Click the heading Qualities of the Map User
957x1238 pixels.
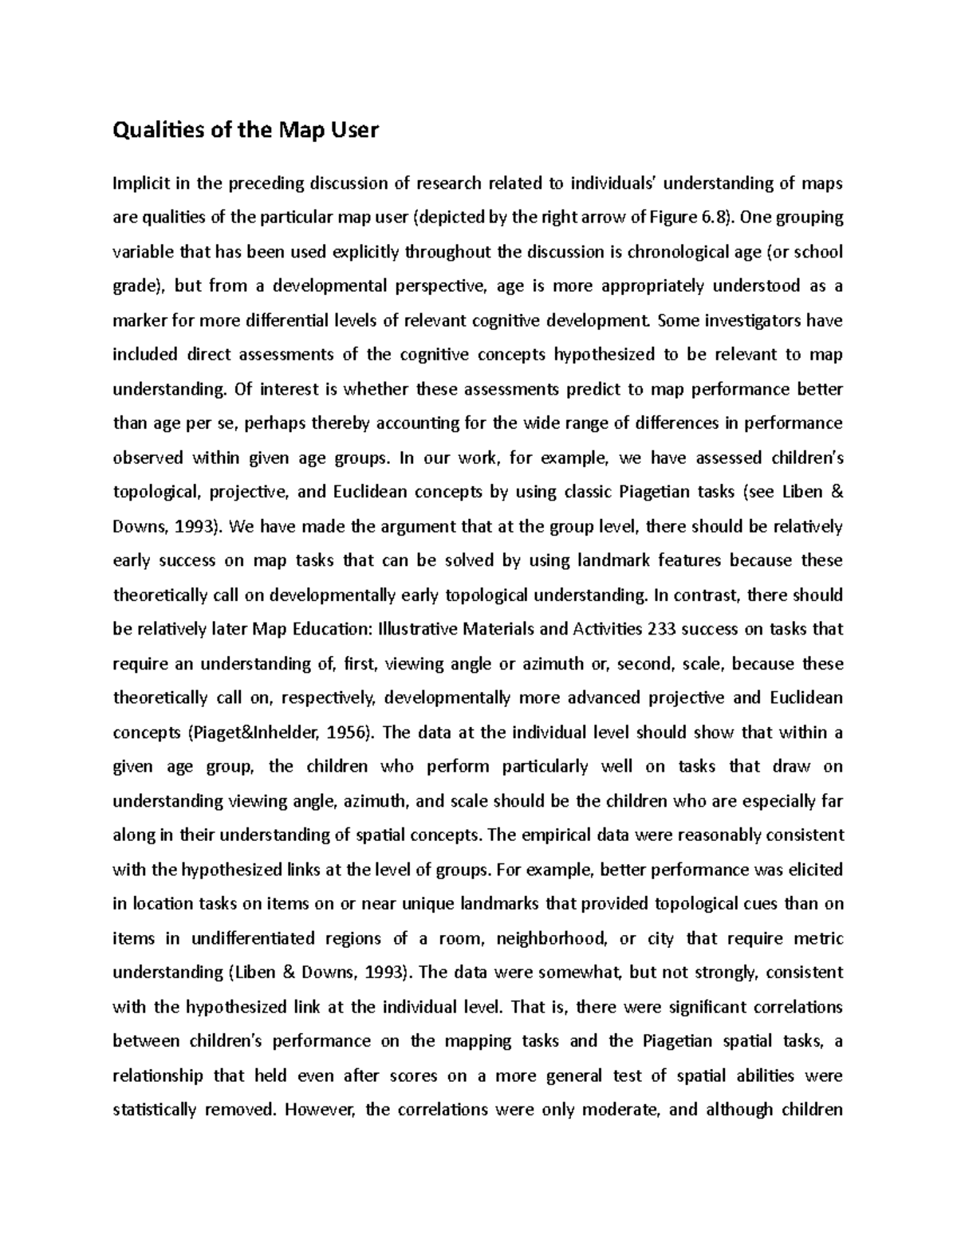(246, 130)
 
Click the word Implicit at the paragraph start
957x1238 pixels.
(140, 184)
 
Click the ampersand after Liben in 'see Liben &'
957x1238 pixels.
(837, 492)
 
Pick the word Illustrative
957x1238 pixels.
(420, 630)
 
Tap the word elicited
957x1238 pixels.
(816, 870)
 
